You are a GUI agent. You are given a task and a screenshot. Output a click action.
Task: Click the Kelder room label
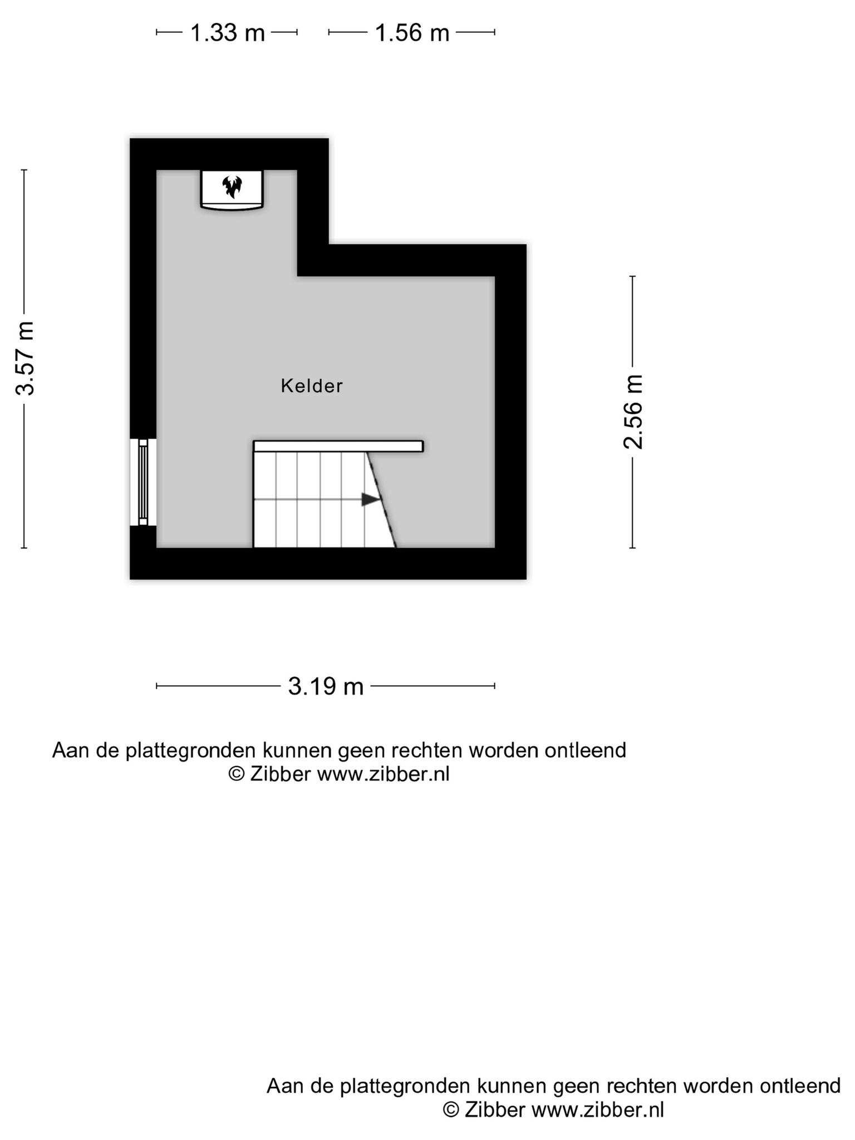point(311,386)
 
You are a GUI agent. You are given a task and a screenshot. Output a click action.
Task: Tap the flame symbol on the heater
point(232,186)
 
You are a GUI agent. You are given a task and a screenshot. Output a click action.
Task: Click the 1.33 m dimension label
point(227,33)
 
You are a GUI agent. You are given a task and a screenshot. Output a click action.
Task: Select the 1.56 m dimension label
point(412,33)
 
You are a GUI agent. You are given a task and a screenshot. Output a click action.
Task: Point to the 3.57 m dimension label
point(26,358)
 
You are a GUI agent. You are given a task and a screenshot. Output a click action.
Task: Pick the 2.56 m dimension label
point(633,412)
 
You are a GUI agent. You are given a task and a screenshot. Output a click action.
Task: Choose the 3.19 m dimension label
point(326,686)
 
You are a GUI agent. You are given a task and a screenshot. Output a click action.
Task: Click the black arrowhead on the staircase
point(371,499)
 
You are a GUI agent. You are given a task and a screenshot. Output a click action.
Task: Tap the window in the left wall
point(143,482)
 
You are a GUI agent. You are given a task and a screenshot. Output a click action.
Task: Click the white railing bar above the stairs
point(338,446)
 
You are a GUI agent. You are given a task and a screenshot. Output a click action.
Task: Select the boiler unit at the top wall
point(232,190)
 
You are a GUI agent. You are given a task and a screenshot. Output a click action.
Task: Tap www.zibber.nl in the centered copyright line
point(383,774)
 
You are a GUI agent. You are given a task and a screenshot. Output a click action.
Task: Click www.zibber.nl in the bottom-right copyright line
point(598,1109)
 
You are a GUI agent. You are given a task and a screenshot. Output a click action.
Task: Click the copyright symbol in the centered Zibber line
point(237,774)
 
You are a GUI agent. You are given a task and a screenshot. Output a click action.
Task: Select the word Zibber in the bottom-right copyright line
point(494,1109)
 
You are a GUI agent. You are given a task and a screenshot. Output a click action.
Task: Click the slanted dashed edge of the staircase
point(381,500)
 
